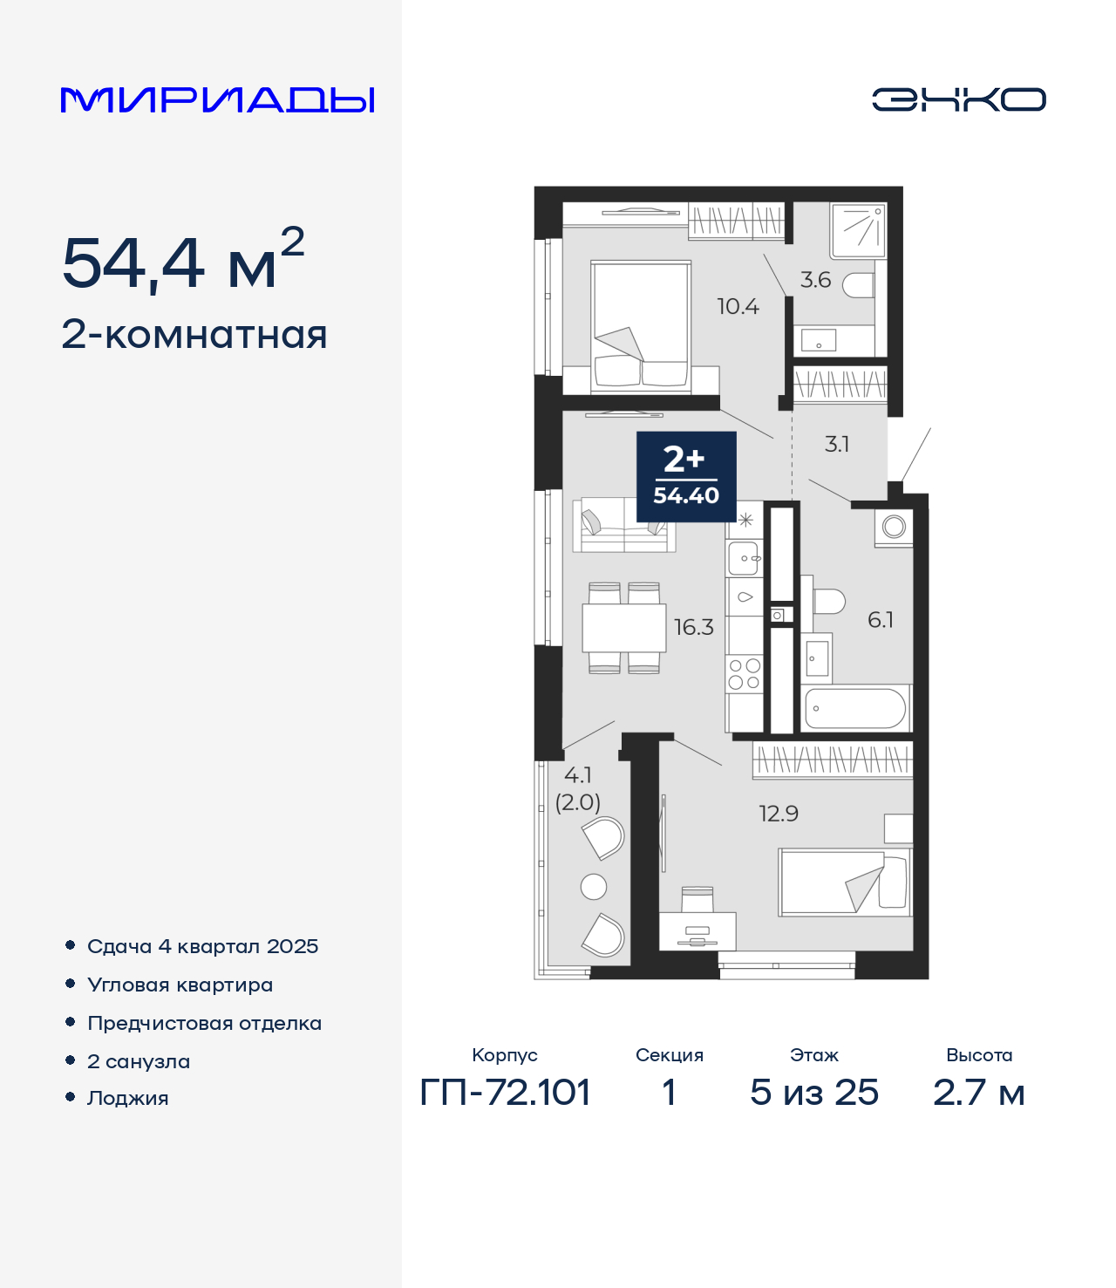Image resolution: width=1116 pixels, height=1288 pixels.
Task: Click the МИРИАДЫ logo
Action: [217, 99]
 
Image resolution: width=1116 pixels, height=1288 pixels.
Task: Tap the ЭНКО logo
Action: [958, 99]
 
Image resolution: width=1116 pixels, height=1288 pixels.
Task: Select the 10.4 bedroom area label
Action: [738, 307]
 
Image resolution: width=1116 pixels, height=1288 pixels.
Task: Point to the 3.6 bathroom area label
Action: [816, 280]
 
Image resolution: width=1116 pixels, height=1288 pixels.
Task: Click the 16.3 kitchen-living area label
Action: [694, 627]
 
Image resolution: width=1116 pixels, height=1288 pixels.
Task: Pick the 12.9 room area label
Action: [779, 814]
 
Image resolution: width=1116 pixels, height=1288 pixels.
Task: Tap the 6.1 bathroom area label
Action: [881, 619]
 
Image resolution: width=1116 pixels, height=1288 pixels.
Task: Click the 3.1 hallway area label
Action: [837, 444]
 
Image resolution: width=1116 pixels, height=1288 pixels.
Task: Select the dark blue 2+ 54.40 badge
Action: [686, 477]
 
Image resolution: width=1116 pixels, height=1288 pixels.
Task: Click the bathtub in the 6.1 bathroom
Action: [855, 708]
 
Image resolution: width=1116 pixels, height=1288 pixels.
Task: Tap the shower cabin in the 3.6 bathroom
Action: [858, 230]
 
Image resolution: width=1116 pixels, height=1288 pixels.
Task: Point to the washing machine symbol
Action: [894, 528]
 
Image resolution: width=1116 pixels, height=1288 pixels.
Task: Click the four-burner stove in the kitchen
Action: [745, 673]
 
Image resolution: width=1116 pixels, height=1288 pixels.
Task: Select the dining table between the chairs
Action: [623, 628]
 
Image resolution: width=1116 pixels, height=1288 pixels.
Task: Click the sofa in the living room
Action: [623, 525]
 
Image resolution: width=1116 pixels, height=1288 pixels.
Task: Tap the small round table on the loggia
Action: [593, 887]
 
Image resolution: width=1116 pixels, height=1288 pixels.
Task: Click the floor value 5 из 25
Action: [813, 1093]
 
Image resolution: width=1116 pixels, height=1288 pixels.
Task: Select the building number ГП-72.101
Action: [505, 1093]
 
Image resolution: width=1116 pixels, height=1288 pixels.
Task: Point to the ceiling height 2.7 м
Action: [978, 1093]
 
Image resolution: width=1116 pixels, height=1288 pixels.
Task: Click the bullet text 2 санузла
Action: [139, 1061]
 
